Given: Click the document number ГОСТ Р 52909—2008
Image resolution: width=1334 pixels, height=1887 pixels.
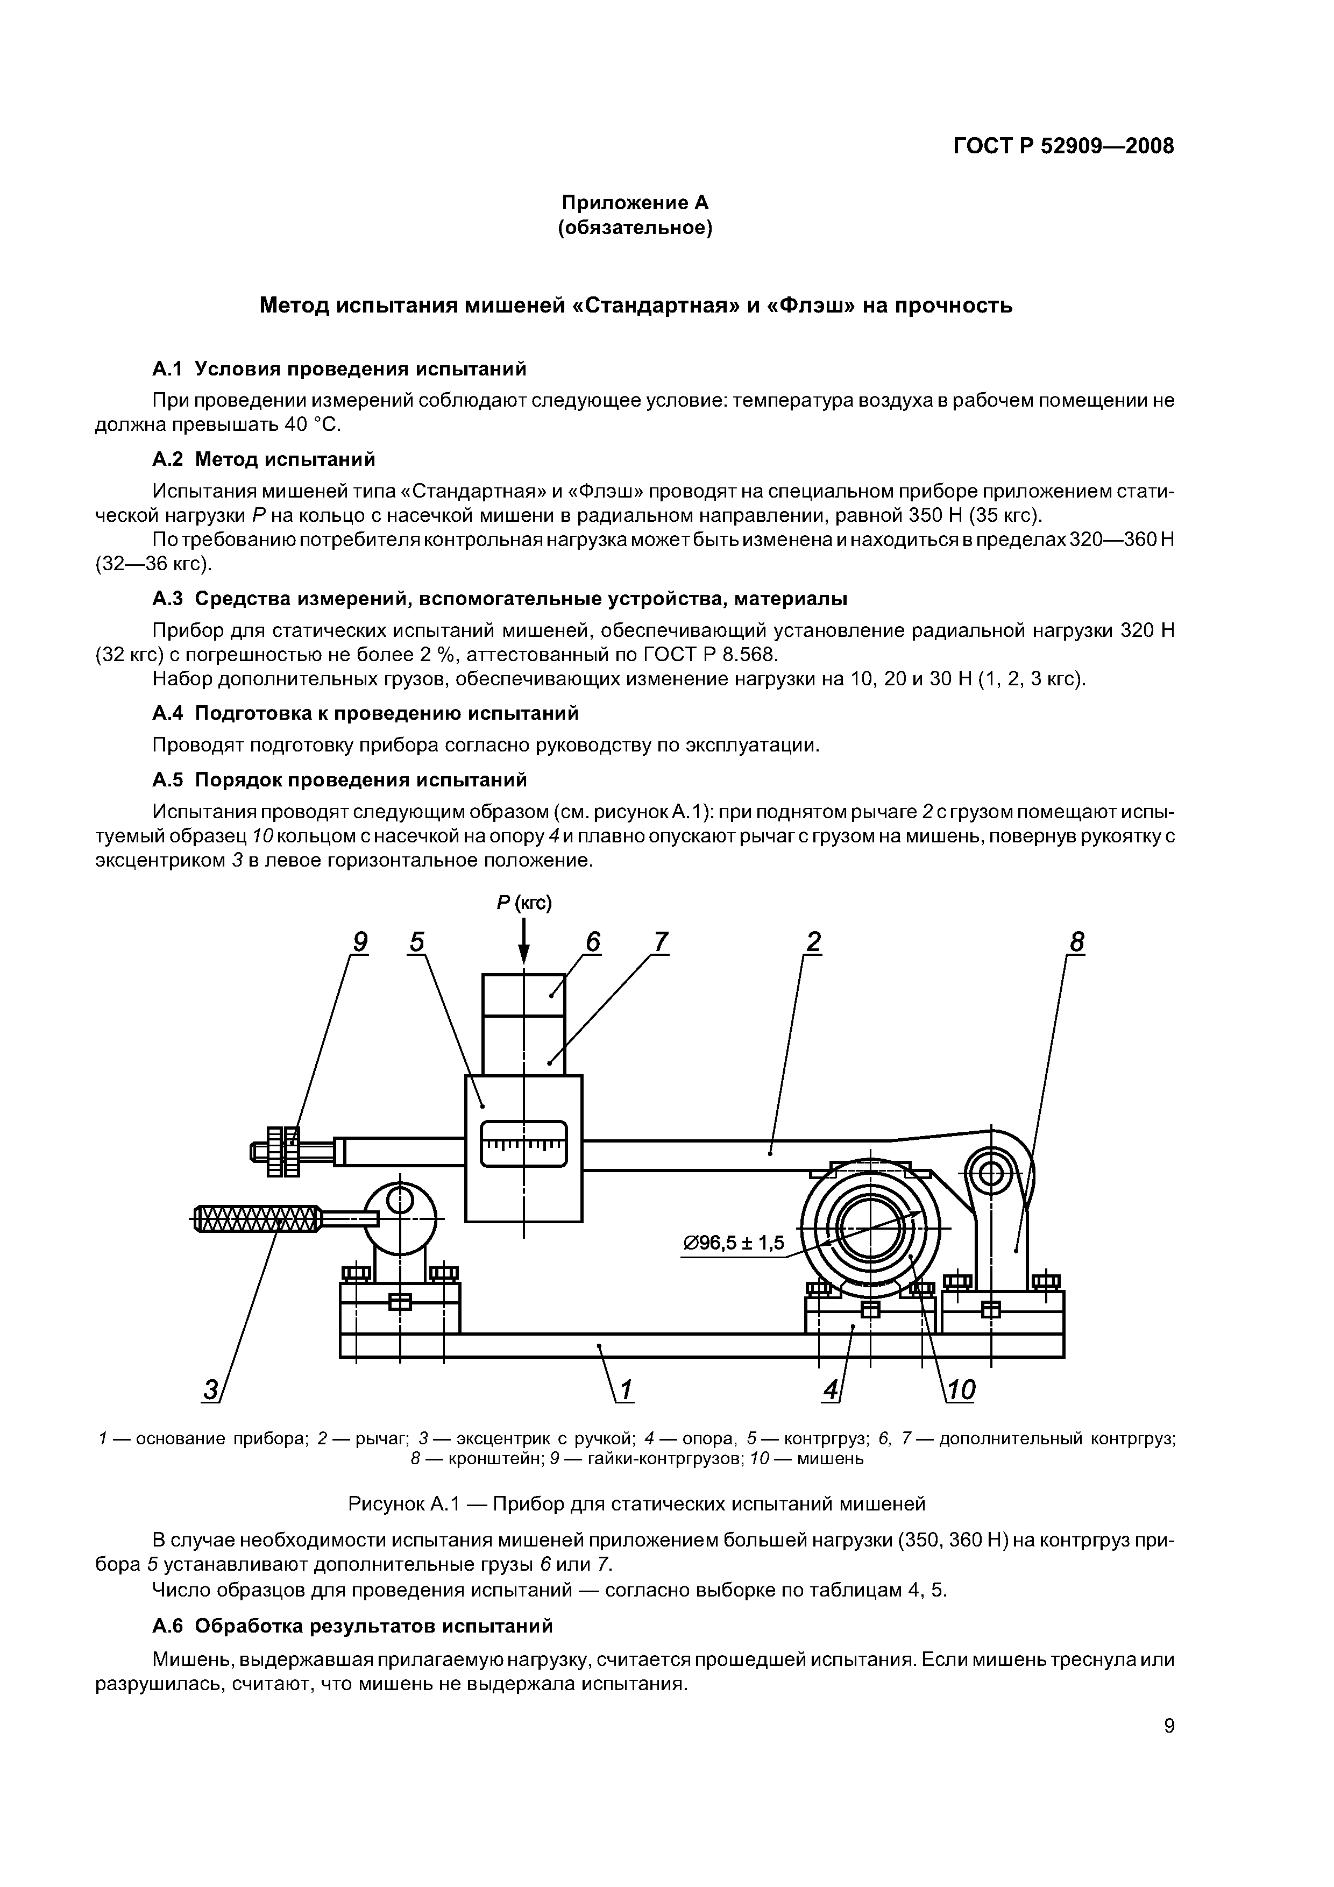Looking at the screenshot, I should tap(1063, 146).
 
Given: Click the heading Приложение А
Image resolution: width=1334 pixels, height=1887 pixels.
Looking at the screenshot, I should tap(635, 203).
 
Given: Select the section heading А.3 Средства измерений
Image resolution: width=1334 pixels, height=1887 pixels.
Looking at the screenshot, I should tap(500, 599).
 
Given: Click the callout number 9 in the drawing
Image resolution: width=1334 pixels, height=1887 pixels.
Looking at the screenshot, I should tap(359, 942).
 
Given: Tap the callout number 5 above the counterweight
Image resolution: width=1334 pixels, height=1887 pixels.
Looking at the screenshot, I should tap(417, 942).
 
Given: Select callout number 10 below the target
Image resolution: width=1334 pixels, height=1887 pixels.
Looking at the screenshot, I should tap(960, 1391).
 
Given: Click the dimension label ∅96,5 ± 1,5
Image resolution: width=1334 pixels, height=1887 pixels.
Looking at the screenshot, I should tap(734, 1243).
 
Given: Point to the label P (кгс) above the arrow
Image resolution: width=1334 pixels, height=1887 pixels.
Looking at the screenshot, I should tap(523, 903).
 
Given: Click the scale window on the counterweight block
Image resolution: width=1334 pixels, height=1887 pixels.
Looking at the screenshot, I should tap(523, 1144).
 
